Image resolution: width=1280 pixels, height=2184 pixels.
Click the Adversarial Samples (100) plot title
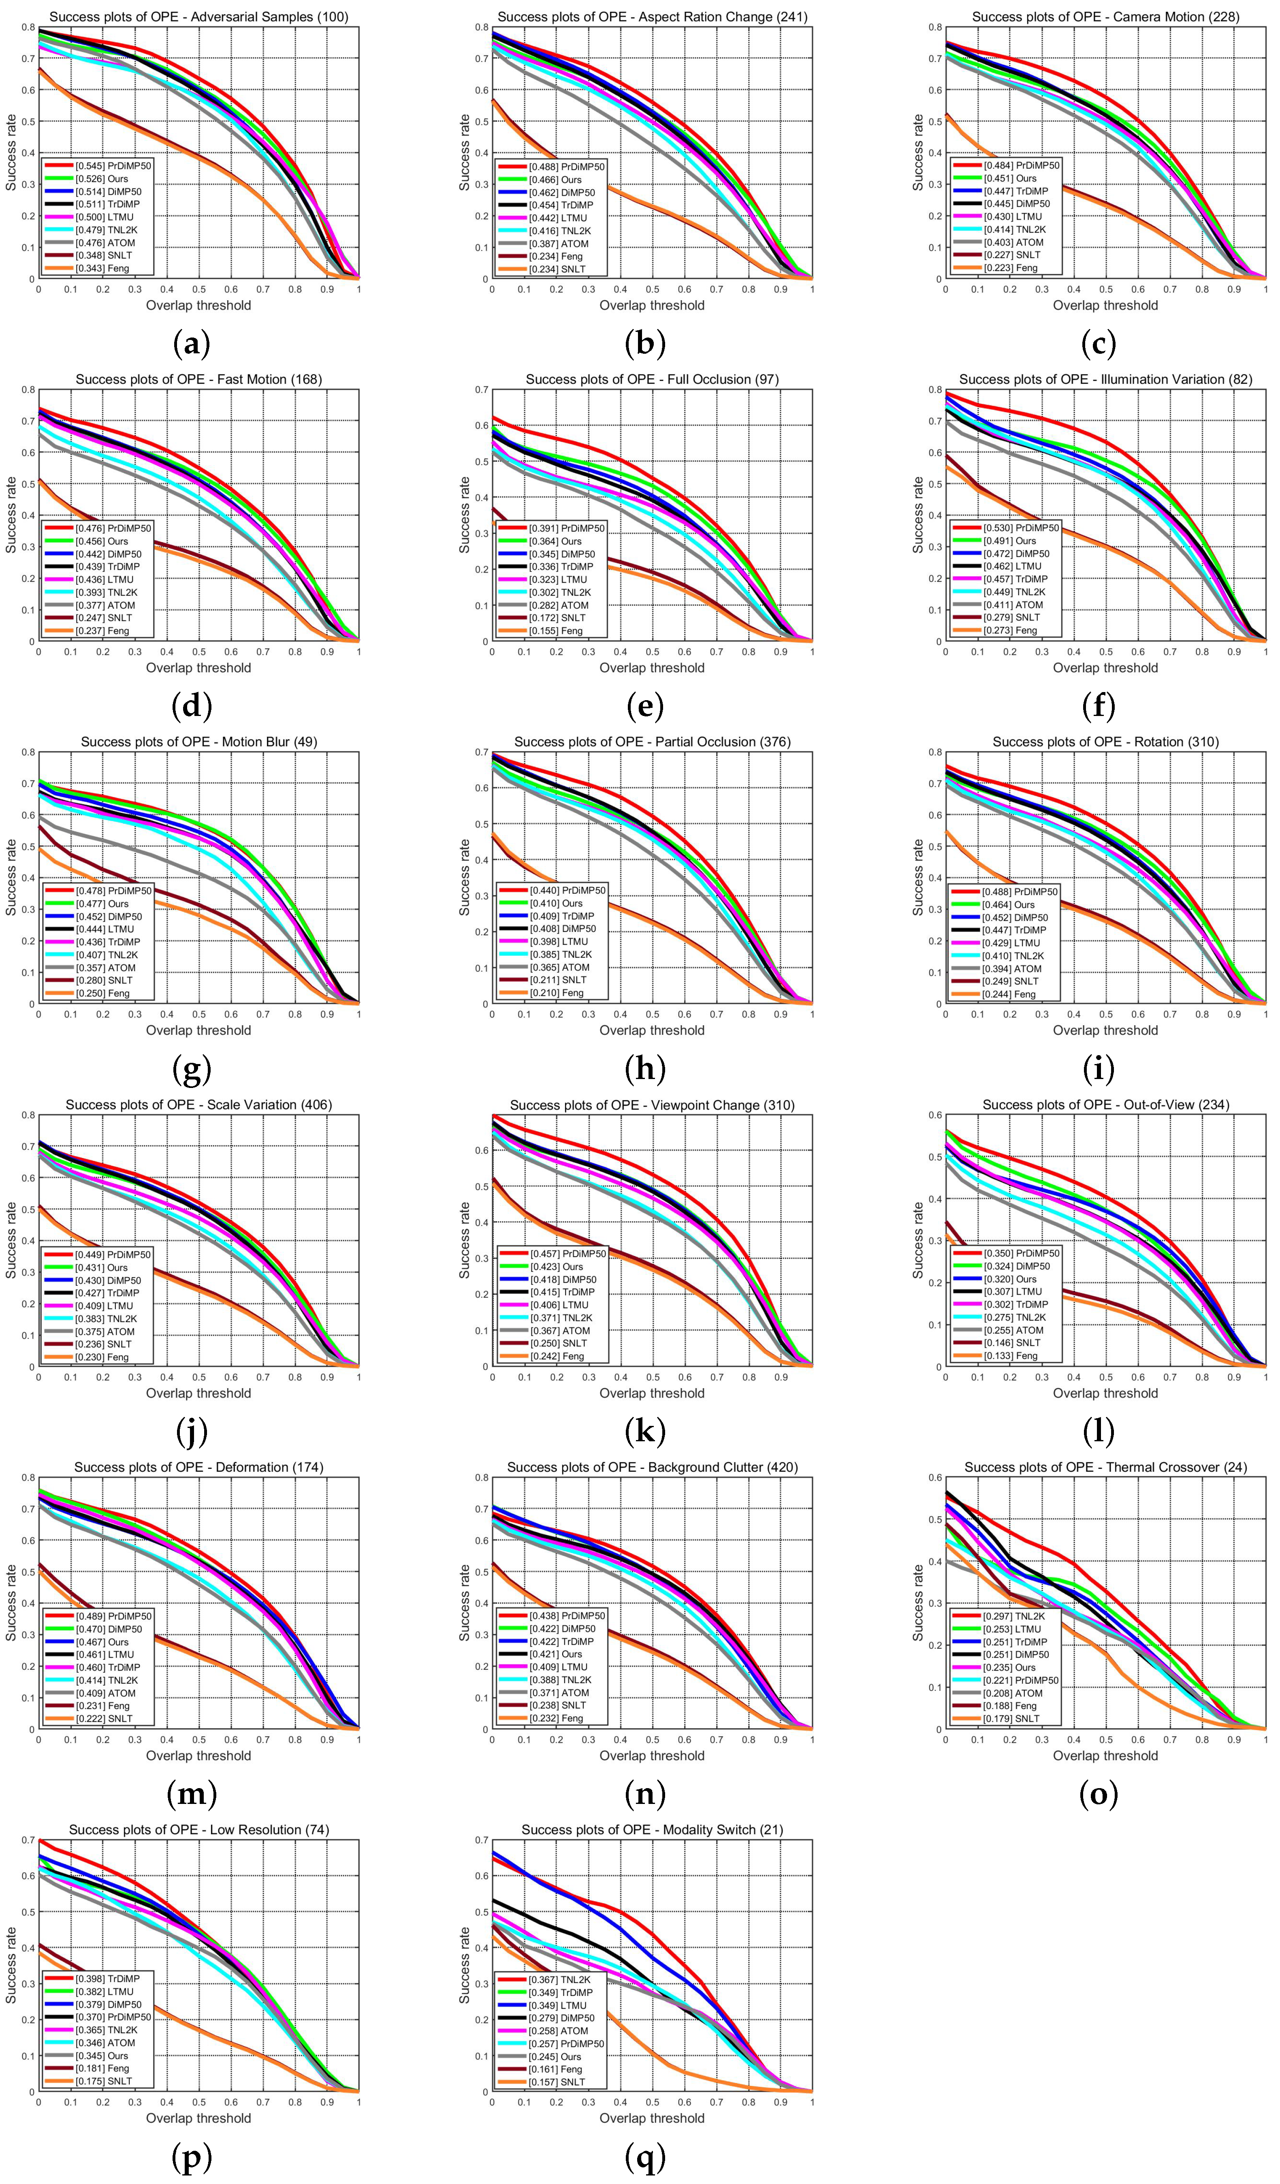[x=198, y=17]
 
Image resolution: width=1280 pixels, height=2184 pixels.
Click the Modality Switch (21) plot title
[x=652, y=1829]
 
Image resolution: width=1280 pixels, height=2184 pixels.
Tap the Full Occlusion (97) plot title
[x=652, y=380]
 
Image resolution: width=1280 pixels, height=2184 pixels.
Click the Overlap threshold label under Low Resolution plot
[x=198, y=2118]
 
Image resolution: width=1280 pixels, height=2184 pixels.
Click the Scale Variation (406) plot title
[x=198, y=1105]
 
